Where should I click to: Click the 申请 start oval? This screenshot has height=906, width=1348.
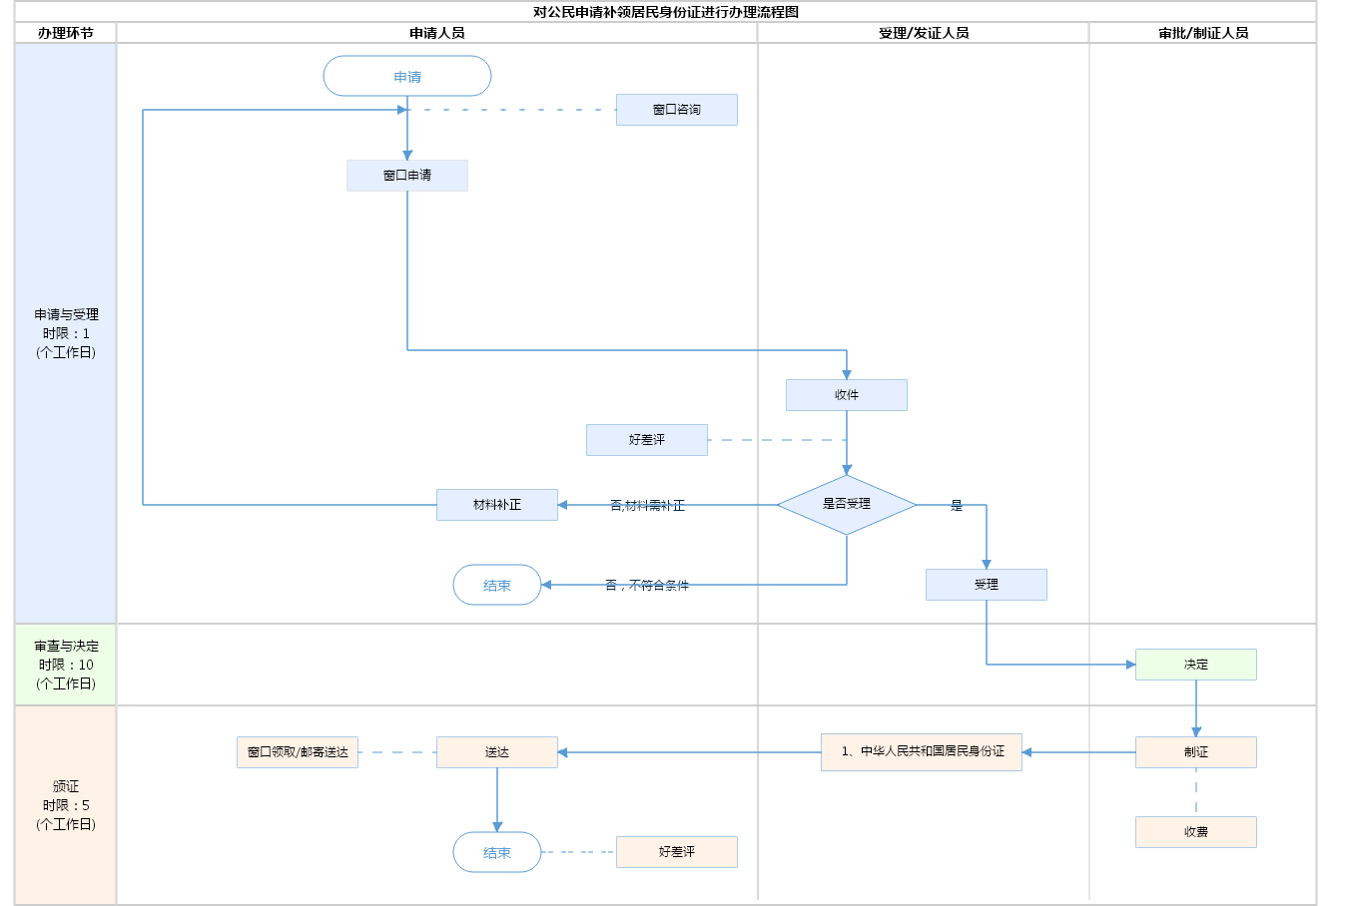tap(407, 77)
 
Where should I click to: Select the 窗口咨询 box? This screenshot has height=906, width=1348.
tap(677, 110)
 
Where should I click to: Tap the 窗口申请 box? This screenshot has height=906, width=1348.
tap(407, 176)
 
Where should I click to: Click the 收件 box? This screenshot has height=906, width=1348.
tap(847, 395)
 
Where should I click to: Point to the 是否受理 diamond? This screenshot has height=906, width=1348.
tap(847, 505)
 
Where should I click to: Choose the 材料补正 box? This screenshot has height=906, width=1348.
tap(497, 505)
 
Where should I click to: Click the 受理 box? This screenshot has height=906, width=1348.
tap(987, 585)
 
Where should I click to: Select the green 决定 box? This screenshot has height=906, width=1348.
tap(1196, 665)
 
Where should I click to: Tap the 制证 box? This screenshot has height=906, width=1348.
tap(1196, 752)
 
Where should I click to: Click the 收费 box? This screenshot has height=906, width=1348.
tap(1196, 832)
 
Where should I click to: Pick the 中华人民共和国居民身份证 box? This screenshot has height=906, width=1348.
tap(922, 752)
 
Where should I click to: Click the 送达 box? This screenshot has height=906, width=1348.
tap(497, 752)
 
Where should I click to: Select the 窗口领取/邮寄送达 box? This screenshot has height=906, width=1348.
tap(298, 752)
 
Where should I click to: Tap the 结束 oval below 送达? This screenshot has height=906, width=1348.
tap(497, 853)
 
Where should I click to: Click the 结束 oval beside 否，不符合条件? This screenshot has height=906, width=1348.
tap(497, 586)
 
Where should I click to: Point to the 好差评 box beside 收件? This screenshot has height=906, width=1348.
tap(647, 440)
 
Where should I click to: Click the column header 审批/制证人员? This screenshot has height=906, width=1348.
tap(1203, 33)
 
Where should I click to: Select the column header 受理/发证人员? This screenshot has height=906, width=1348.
tap(924, 33)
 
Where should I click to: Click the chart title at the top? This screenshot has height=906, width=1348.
tap(666, 12)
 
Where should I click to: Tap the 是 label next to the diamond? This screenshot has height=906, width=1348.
tap(957, 506)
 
